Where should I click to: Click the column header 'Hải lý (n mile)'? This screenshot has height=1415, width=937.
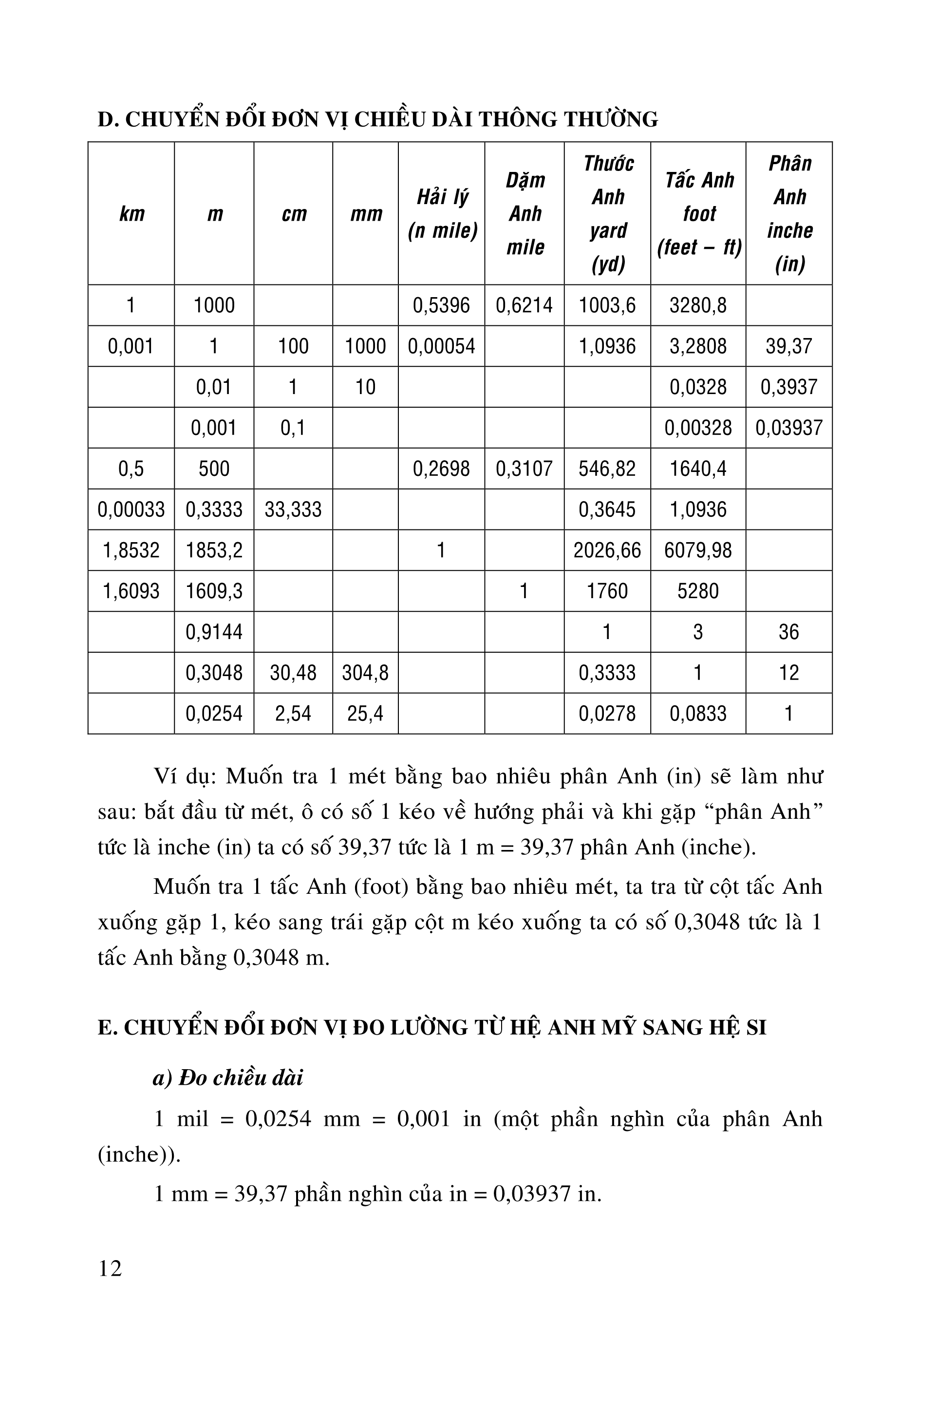pos(442,213)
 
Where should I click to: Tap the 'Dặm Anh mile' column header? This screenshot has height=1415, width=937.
pos(525,213)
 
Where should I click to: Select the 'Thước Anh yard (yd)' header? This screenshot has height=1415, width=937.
pos(608,213)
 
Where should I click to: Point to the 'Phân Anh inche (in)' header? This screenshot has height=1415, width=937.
pos(789,213)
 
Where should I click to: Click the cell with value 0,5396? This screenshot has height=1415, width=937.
pos(442,305)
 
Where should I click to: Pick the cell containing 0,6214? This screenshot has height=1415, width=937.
pos(525,305)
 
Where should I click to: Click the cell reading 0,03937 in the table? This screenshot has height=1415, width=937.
pos(789,428)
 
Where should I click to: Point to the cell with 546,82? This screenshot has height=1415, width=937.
pos(607,469)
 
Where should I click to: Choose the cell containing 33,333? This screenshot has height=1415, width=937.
pos(293,509)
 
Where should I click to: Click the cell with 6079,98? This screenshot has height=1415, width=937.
pos(698,550)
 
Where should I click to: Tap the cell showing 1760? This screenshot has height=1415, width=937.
pos(607,591)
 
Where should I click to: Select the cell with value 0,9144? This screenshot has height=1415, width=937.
pos(214,632)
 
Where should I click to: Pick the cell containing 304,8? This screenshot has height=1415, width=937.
pos(365,673)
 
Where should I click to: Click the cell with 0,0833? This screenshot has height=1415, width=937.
pos(698,714)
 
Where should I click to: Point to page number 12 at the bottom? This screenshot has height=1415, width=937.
pos(110,1267)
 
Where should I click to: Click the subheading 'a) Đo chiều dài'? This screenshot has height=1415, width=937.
pos(228,1077)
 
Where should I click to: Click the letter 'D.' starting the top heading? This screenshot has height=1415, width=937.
pos(108,119)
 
